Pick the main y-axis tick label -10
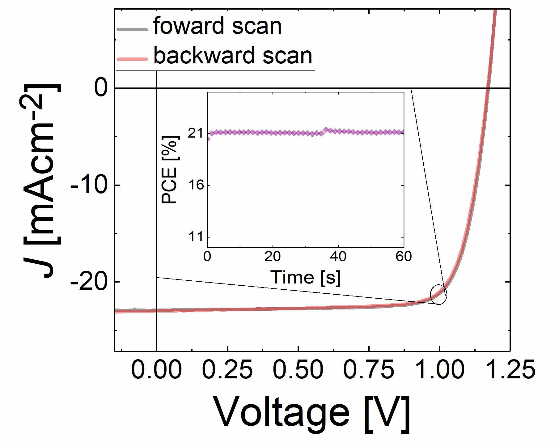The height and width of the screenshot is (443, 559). click(x=89, y=185)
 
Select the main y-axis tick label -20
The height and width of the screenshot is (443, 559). click(x=89, y=282)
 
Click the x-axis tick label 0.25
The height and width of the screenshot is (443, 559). click(x=227, y=370)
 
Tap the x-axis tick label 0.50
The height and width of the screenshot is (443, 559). click(x=298, y=370)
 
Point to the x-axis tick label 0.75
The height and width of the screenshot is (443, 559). click(x=369, y=370)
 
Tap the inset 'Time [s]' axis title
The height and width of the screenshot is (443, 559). click(x=305, y=277)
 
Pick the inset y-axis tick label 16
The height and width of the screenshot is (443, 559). click(x=197, y=185)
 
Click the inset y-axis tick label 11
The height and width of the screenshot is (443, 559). click(x=197, y=237)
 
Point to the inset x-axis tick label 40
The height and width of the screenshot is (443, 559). click(x=338, y=256)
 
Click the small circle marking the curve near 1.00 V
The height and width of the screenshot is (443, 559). click(x=438, y=294)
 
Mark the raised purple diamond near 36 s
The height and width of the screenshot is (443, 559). click(x=326, y=130)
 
